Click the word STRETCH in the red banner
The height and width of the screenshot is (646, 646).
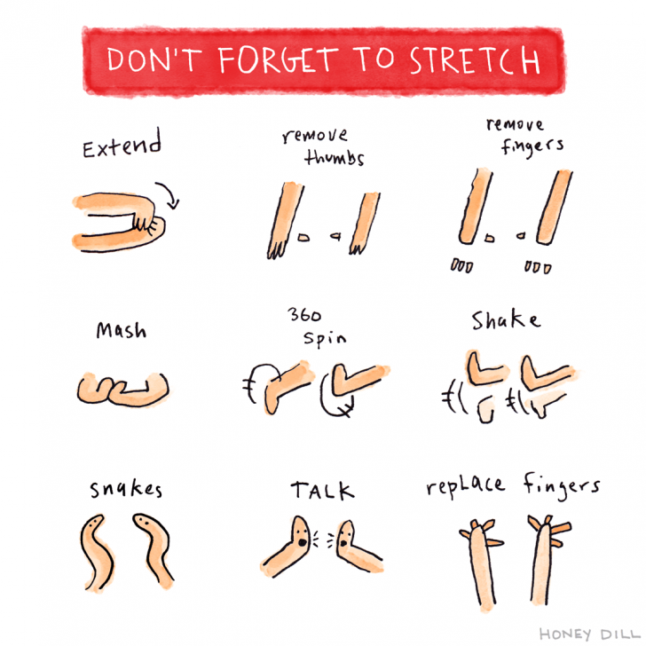coord(474,59)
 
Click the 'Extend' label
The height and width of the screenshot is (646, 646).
coord(122,146)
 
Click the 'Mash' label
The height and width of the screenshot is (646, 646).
coord(122,331)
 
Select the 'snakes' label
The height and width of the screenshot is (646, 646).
coord(125,490)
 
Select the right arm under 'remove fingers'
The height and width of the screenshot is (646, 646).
coord(556,207)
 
